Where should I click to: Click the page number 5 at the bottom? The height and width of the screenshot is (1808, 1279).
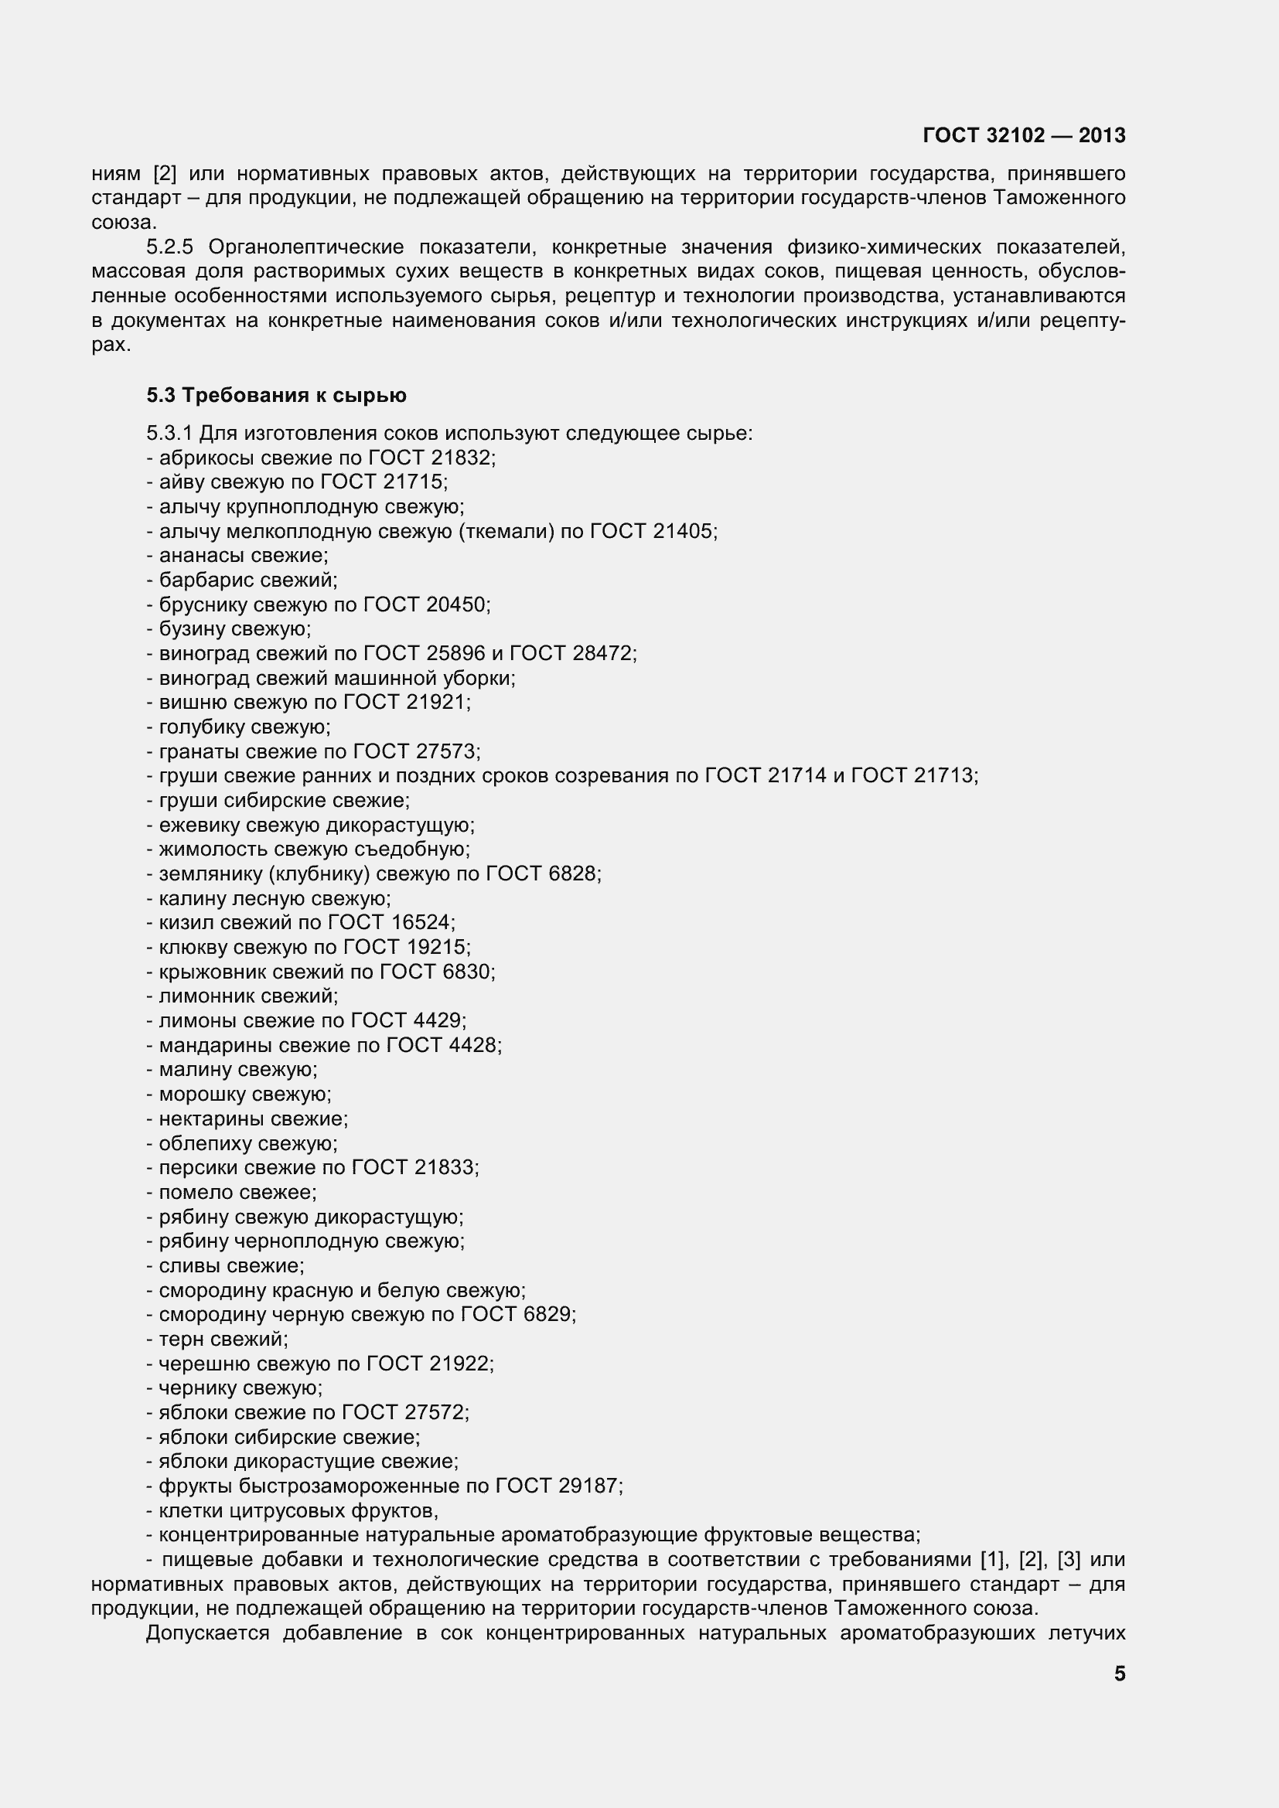click(1119, 1674)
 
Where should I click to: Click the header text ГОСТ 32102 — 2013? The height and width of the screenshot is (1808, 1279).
click(1024, 135)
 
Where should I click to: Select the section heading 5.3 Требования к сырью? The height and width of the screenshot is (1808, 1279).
click(276, 395)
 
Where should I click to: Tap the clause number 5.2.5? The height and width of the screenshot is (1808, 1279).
click(169, 247)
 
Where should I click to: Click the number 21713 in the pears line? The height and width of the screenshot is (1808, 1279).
click(945, 775)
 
